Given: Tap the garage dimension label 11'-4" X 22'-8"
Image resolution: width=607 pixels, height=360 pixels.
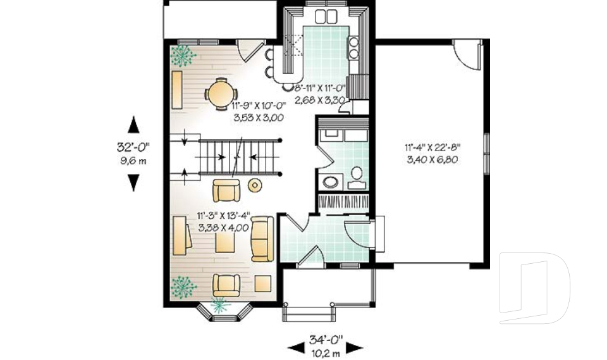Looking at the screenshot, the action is [432, 147].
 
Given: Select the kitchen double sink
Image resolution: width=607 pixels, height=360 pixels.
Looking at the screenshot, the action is [326, 16].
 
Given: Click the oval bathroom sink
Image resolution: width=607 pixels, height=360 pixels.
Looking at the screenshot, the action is [330, 182].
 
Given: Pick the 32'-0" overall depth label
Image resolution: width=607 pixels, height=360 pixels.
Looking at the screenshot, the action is [133, 147].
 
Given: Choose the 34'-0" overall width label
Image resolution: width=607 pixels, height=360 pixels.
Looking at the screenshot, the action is [326, 340].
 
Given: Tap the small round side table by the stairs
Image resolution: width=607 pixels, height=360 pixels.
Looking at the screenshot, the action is [255, 185].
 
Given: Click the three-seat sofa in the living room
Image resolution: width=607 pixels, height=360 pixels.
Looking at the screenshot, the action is [262, 239].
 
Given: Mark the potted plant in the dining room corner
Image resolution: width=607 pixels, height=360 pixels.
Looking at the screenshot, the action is [182, 56].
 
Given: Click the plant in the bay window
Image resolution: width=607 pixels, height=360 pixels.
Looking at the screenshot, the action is [219, 306].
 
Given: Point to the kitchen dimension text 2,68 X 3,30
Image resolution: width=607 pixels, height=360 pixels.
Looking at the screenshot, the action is [320, 100].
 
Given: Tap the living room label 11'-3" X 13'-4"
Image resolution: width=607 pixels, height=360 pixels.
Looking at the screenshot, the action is [224, 216].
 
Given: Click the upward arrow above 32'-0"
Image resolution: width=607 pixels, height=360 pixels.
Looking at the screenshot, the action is [133, 125].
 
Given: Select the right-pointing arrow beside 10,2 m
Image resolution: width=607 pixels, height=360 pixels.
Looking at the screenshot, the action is [354, 348].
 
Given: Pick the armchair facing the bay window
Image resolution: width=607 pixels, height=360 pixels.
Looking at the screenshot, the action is [226, 285].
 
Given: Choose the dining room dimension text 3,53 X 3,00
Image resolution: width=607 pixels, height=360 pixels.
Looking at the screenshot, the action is [259, 118].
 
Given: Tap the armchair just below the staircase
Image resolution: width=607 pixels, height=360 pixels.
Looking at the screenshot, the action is [226, 190].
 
